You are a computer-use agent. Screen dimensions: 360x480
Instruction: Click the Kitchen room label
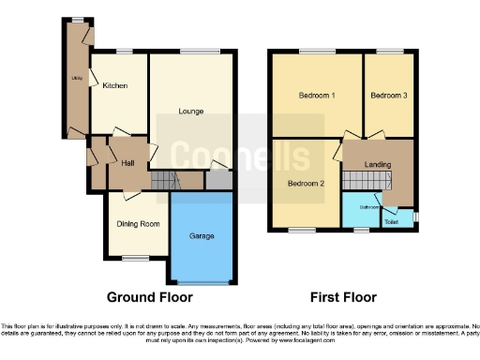[x=115, y=85]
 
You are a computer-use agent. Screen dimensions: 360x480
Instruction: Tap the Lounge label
[x=191, y=111]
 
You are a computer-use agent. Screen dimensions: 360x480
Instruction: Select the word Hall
[x=128, y=162]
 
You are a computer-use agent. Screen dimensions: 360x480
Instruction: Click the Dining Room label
[x=138, y=223]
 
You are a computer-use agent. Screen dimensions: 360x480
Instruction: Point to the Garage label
[x=202, y=236]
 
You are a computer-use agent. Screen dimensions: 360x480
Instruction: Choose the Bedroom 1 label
[x=317, y=96]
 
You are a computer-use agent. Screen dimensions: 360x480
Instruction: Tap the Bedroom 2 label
[x=306, y=184]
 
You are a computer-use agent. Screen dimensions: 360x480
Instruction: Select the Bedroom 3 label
[x=387, y=96]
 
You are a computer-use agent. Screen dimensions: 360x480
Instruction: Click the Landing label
[x=378, y=165]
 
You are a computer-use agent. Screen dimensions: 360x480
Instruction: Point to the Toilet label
[x=391, y=221]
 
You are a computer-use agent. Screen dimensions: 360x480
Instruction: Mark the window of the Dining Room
[x=138, y=258]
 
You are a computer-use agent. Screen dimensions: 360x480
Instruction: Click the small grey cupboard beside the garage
[x=219, y=178]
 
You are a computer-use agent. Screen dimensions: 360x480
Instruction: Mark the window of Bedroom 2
[x=303, y=230]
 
